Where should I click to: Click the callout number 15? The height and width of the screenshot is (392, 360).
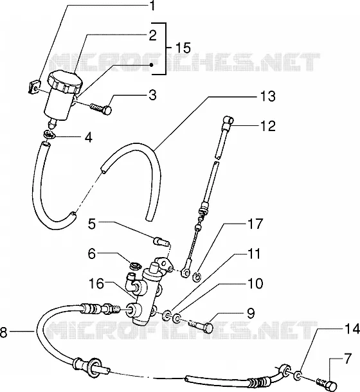(x=183, y=48)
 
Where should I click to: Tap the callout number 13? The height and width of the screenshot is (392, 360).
(x=267, y=96)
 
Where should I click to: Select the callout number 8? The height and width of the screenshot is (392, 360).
(x=3, y=332)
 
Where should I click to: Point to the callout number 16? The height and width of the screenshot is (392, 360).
(x=96, y=283)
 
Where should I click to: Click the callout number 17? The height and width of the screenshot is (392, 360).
(x=255, y=224)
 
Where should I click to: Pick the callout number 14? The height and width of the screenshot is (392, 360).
(x=352, y=329)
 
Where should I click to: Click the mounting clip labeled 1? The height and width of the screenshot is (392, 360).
(x=33, y=87)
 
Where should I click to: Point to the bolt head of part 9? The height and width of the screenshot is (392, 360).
(x=208, y=328)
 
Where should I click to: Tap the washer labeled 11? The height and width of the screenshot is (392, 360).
(x=166, y=314)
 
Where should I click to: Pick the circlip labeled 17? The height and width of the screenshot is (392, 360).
(x=197, y=277)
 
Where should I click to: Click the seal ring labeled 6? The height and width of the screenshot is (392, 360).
(x=136, y=265)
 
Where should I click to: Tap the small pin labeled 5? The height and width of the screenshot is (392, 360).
(x=161, y=242)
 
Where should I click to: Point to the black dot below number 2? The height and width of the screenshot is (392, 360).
(x=151, y=65)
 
